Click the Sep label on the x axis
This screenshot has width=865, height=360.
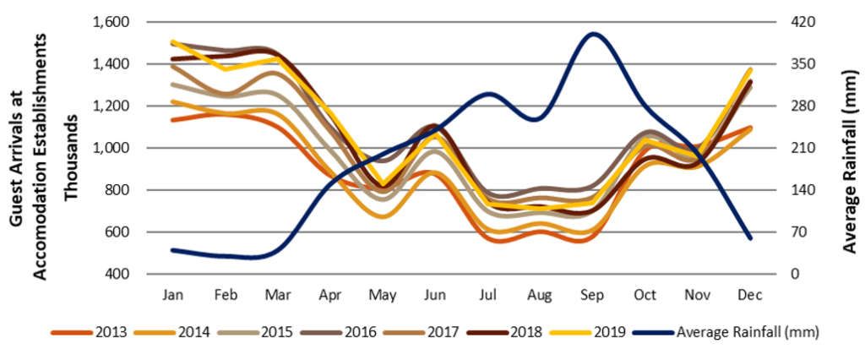(x=591, y=294)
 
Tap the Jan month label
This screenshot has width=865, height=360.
(x=173, y=294)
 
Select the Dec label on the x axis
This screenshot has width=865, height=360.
(x=749, y=294)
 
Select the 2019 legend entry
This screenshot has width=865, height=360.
(x=609, y=332)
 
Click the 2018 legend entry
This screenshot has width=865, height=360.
(x=526, y=332)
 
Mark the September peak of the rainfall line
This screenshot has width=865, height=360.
(x=592, y=35)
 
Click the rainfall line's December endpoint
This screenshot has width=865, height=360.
(x=749, y=238)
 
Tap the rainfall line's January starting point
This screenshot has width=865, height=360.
(x=173, y=250)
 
